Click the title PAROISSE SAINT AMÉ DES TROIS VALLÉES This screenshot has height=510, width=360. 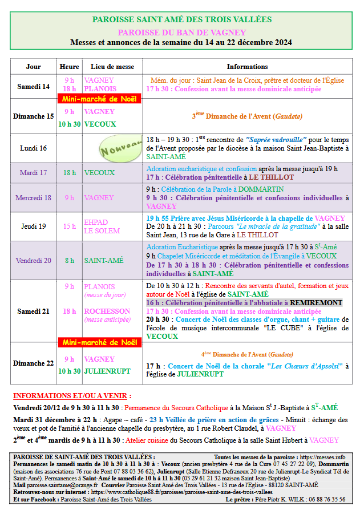click(x=182, y=19)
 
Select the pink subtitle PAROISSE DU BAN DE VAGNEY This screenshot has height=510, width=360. click(x=182, y=32)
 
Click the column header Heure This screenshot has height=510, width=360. click(x=70, y=67)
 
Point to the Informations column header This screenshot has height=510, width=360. click(x=247, y=67)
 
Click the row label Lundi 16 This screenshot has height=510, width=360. click(x=33, y=148)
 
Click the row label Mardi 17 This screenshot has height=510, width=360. click(x=33, y=172)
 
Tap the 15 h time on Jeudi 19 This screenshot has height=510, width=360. click(x=70, y=226)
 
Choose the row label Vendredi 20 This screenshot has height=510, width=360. click(x=33, y=260)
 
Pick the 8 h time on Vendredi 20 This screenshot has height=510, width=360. click(x=70, y=260)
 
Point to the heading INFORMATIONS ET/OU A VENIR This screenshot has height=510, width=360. click(x=72, y=395)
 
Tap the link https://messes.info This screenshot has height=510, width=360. click(x=323, y=457)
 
